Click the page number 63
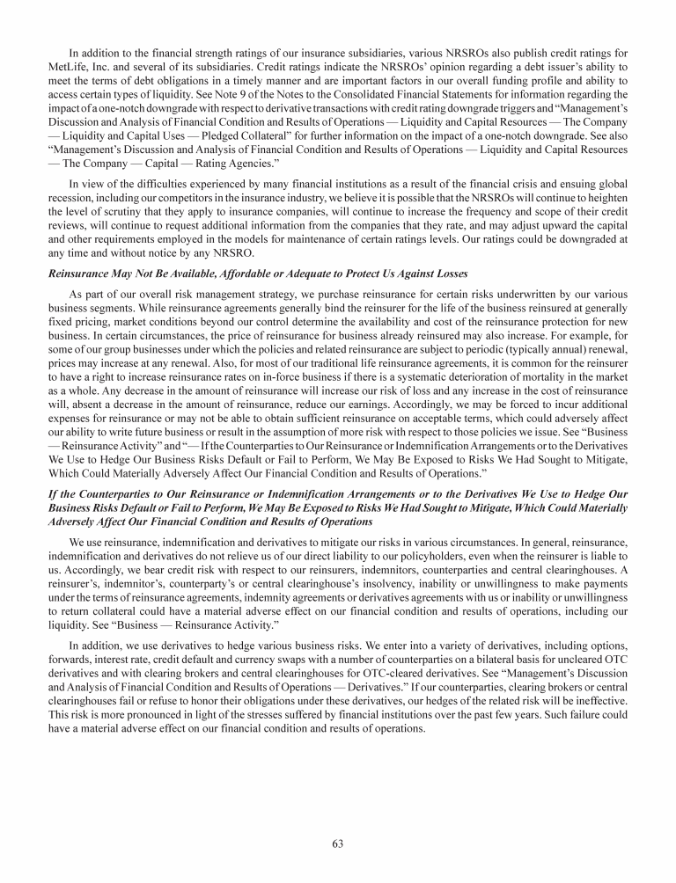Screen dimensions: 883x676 pos(337,843)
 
